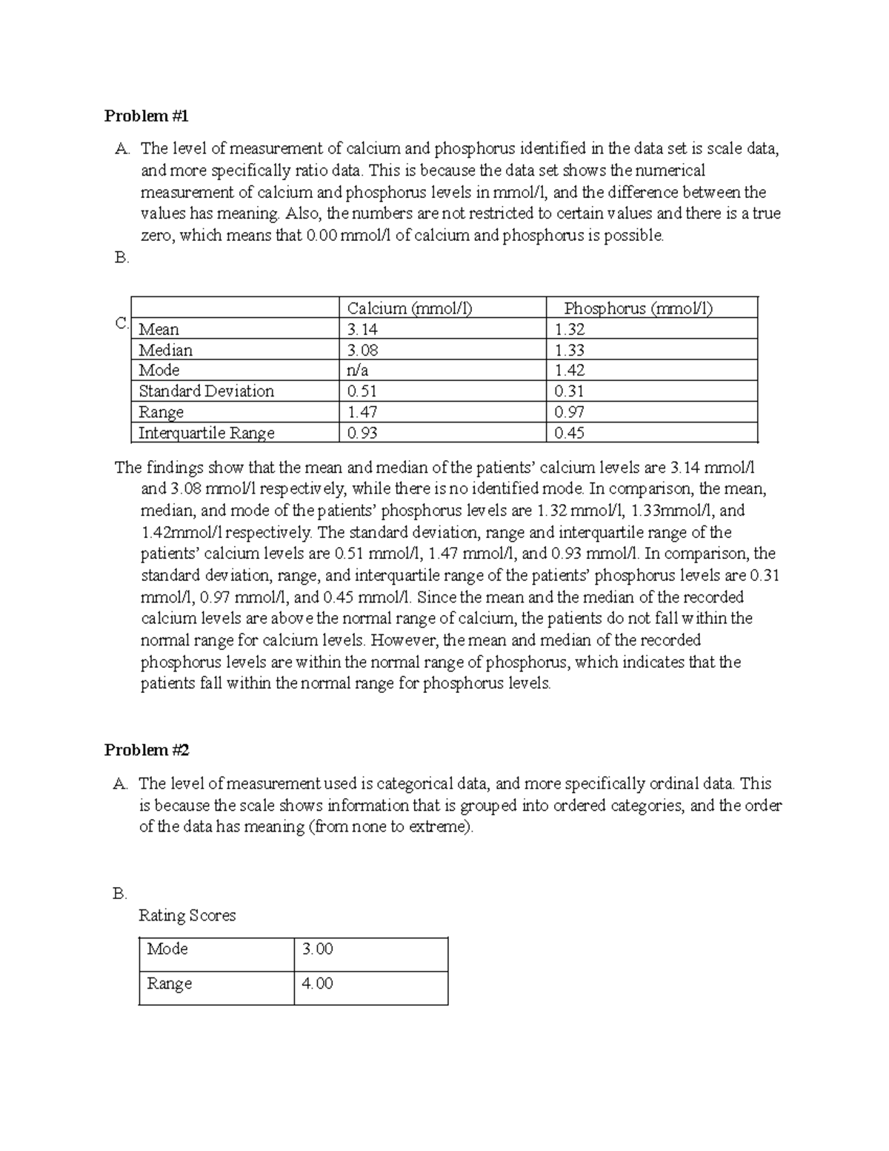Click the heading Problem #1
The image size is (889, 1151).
(x=147, y=116)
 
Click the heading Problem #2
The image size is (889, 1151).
(x=147, y=750)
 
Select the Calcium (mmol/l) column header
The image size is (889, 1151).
(x=410, y=308)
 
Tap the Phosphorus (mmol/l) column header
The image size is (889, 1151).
(x=638, y=308)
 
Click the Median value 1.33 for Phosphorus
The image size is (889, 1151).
(x=569, y=350)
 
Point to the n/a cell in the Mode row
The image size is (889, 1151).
(x=358, y=371)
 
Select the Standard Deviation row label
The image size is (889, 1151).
(x=206, y=391)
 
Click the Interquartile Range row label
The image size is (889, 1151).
(x=206, y=433)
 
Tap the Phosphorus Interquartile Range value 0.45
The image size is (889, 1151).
(x=569, y=433)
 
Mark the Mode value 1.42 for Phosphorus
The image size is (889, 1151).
(x=569, y=371)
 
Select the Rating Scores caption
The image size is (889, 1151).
(x=187, y=916)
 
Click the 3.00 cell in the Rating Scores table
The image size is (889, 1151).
(x=317, y=949)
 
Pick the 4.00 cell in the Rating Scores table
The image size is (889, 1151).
(x=317, y=984)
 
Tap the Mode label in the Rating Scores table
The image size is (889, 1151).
(x=167, y=949)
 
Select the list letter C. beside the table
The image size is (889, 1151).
(x=122, y=324)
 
